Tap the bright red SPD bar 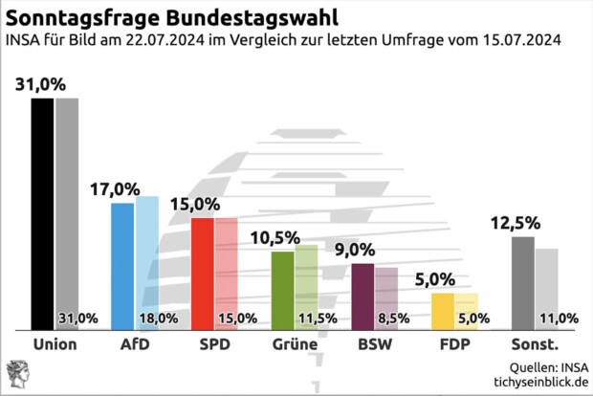(202, 274)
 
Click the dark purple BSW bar (362, 297)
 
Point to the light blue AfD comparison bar (147, 253)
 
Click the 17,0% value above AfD (115, 189)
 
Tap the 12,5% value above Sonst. (516, 223)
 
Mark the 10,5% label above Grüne (275, 238)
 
